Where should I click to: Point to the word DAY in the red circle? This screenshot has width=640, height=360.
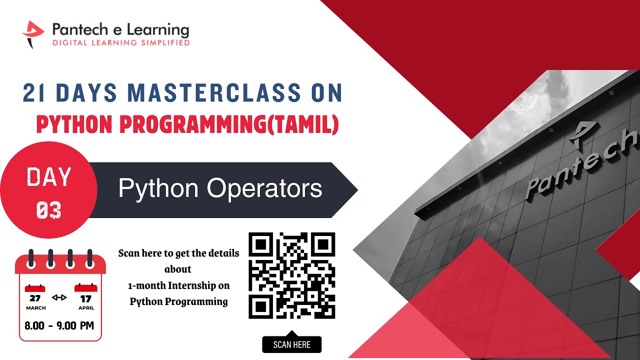coord(49,177)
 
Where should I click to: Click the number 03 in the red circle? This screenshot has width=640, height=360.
coord(49,210)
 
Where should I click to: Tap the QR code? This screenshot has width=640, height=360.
coord(291,275)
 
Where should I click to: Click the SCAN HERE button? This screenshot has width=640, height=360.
coord(291,344)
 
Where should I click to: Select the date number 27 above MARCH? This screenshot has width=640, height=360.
coord(35,298)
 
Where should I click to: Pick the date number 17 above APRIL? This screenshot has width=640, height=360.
coord(86,298)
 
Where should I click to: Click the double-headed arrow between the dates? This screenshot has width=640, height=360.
coord(59,297)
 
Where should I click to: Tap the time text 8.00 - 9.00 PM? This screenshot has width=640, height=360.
coord(59,325)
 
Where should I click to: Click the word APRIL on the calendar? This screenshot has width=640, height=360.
coord(86,308)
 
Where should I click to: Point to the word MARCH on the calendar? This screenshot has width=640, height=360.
coord(35,308)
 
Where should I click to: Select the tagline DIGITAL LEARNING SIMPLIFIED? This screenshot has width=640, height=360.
coord(120,42)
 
